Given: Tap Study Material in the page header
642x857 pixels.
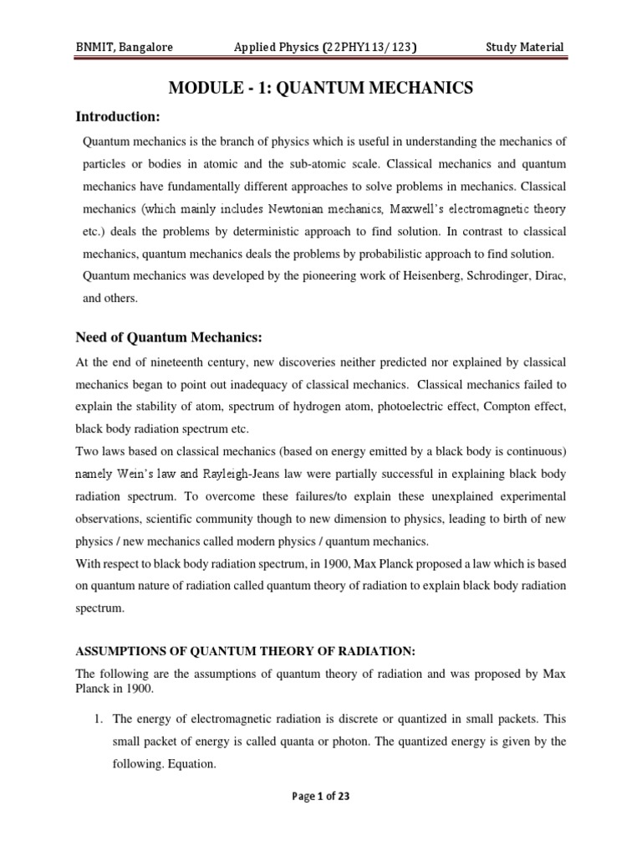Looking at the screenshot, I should point(525,48).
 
